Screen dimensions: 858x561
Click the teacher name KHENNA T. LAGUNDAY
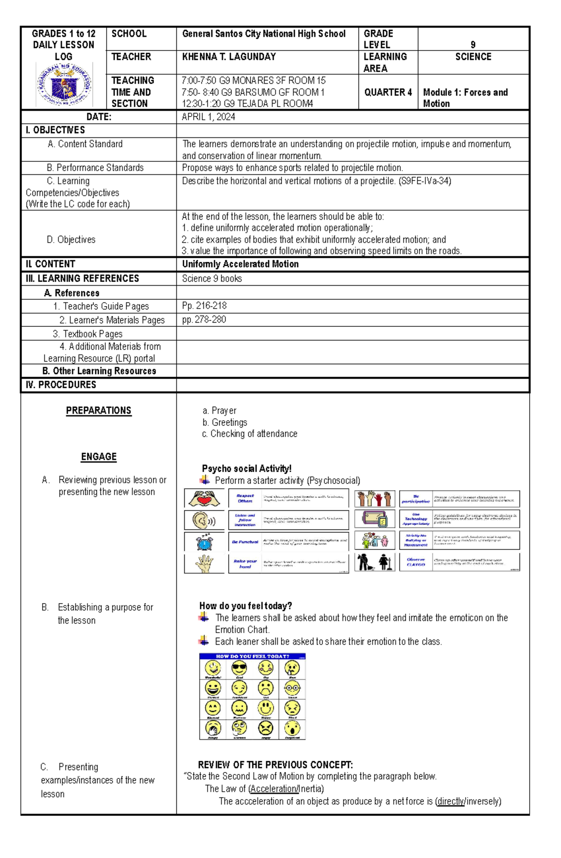click(x=229, y=57)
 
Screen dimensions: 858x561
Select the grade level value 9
click(x=473, y=45)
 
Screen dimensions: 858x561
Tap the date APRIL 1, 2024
click(x=209, y=117)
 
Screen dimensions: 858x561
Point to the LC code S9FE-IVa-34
click(x=424, y=181)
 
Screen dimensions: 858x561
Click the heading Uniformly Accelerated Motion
click(x=240, y=264)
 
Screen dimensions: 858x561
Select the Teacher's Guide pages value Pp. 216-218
click(x=204, y=306)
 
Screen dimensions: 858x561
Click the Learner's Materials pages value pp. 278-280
click(x=204, y=320)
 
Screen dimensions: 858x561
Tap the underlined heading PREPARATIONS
click(x=99, y=411)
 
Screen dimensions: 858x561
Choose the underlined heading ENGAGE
click(x=99, y=457)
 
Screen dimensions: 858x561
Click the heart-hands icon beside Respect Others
click(x=204, y=498)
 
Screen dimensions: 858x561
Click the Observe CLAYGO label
click(x=416, y=562)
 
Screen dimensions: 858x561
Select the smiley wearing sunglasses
click(x=239, y=668)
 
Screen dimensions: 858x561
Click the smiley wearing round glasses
click(x=292, y=688)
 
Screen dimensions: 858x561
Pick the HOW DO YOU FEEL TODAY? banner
click(x=252, y=656)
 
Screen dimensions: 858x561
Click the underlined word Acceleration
click(x=274, y=789)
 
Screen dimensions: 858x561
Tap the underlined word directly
click(x=450, y=801)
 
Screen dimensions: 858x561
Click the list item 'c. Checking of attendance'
click(x=250, y=434)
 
